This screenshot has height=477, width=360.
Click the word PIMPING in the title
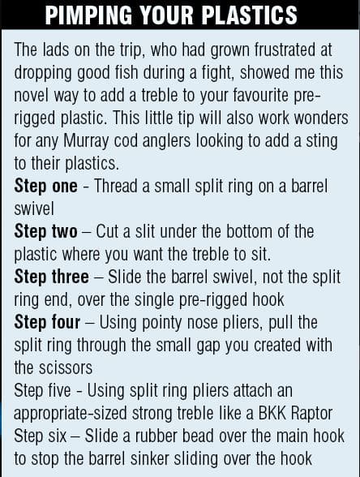coord(88,15)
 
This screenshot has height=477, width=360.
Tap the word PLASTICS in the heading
coord(250,15)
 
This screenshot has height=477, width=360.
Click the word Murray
coord(86,141)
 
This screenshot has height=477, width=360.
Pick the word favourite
coord(261,96)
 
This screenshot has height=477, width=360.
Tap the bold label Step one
coord(45,186)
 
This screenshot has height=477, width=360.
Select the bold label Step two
coord(45,231)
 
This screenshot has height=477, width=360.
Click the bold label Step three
coord(51,277)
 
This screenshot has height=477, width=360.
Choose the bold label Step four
coord(47,322)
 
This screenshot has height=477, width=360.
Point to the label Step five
coord(42,390)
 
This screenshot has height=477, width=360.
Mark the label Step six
coord(41,436)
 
